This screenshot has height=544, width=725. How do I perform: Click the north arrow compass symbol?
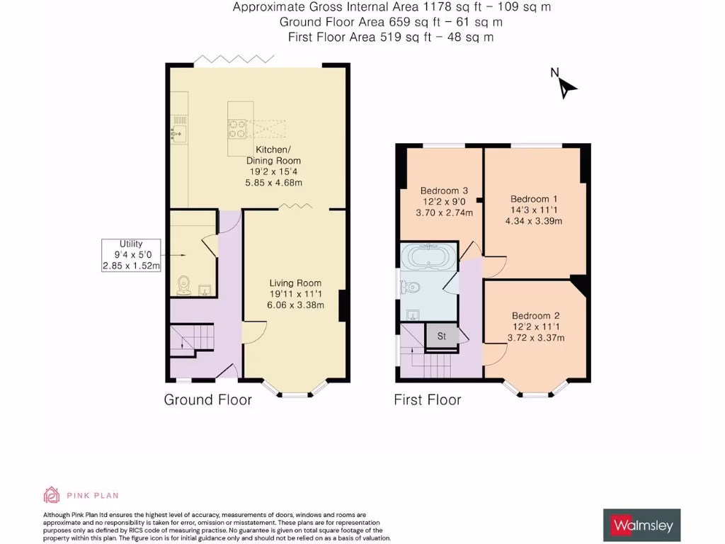(566, 85)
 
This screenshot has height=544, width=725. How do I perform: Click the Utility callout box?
(132, 255)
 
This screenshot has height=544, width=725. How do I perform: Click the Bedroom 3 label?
(444, 201)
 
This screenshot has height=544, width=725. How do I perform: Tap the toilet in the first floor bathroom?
(410, 287)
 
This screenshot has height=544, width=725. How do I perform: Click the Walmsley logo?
(641, 526)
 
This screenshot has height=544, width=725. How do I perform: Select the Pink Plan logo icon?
(52, 495)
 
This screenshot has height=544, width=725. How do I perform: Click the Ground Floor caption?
(207, 400)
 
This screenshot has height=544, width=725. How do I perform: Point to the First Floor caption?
(427, 400)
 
